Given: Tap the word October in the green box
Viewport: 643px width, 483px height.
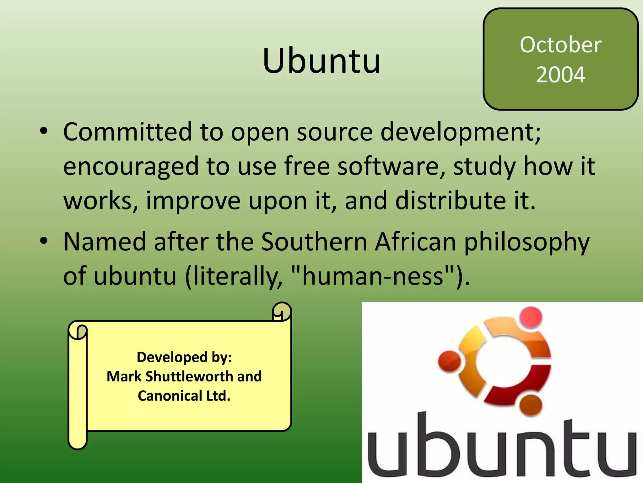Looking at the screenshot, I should [560, 45].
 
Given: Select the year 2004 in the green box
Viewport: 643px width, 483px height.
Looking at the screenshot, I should [560, 75].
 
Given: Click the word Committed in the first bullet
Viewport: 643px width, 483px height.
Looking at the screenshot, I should [127, 131].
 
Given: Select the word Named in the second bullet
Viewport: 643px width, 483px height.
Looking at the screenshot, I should [105, 241].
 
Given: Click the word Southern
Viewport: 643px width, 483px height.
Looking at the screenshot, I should [314, 241].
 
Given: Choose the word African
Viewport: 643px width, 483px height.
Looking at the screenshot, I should [416, 241].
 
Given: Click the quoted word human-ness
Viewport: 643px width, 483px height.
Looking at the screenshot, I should [372, 276].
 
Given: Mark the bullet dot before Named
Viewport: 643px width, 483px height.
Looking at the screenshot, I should [44, 241].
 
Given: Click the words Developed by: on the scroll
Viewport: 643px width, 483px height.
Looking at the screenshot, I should [184, 357].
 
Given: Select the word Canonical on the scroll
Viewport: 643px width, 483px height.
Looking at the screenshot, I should [170, 396].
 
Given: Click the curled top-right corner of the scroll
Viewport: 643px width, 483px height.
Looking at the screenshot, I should [282, 312].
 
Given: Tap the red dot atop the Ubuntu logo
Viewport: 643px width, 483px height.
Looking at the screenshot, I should [531, 317].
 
